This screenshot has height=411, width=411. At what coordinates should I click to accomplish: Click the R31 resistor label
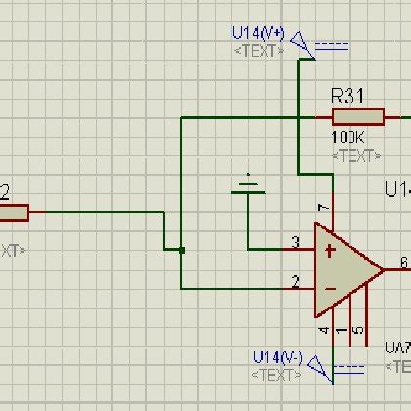click(349, 96)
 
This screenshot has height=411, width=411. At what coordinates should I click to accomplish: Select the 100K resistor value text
click(349, 139)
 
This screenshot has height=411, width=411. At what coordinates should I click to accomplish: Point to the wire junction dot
click(182, 250)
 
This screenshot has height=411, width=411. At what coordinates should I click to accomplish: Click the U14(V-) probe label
click(277, 355)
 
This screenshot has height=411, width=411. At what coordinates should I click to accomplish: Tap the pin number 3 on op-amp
click(295, 242)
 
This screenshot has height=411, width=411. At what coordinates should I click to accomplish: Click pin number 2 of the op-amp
click(295, 282)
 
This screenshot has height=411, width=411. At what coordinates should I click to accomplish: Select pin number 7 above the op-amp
click(322, 209)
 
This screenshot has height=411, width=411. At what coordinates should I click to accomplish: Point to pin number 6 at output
click(402, 261)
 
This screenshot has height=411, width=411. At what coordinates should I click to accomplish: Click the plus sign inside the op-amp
click(330, 251)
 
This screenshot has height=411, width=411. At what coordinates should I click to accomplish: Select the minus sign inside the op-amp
click(330, 289)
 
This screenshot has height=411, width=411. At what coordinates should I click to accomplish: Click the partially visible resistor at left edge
click(14, 211)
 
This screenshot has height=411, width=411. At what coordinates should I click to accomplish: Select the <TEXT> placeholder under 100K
click(355, 155)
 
